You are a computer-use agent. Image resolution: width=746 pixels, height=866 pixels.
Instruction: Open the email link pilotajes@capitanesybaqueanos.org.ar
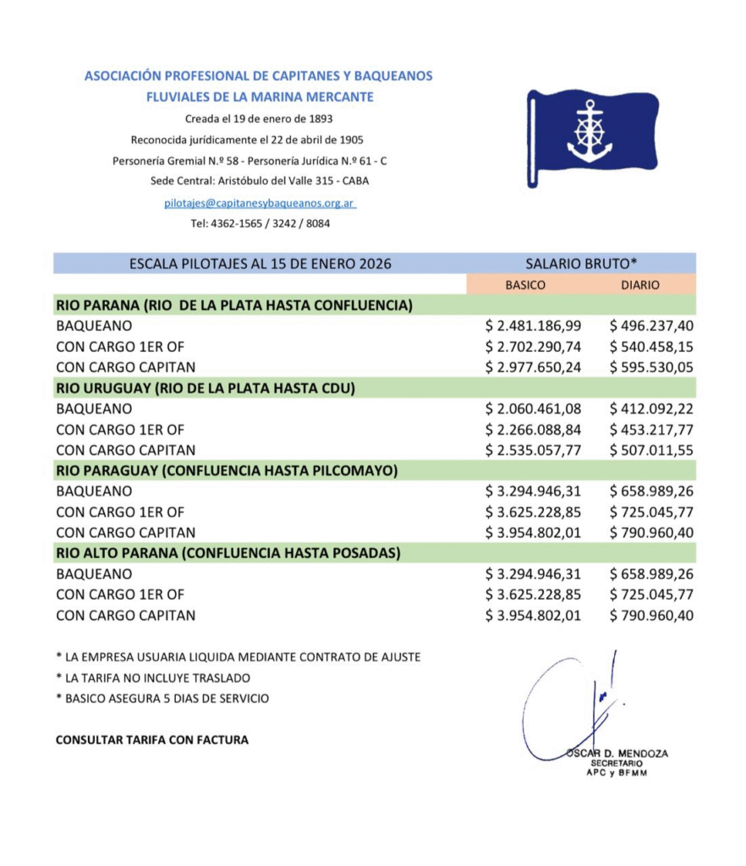coord(260,203)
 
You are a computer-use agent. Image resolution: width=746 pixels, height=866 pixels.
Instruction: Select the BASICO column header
coord(525,285)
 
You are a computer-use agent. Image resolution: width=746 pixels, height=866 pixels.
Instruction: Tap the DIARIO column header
coord(639,285)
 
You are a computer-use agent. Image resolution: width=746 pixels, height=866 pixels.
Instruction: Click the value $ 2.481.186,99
coord(533,326)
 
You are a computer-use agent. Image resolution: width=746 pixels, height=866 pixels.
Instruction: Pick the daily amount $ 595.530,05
coord(651,367)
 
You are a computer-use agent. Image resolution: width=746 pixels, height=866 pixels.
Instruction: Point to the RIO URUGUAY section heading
coord(205,388)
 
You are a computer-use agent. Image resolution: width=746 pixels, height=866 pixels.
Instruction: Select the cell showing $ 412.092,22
coord(651,408)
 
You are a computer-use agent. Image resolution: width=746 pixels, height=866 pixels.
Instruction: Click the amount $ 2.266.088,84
coord(533,429)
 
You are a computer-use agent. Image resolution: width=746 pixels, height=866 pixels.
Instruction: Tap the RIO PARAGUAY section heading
coord(227,470)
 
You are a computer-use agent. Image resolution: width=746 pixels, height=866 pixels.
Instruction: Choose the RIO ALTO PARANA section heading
coord(228,553)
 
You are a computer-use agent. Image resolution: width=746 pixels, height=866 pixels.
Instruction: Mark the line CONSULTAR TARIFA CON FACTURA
coord(152,740)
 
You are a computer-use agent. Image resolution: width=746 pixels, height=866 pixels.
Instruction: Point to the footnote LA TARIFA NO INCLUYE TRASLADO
coord(153,677)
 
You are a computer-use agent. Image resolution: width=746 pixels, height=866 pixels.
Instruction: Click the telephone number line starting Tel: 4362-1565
coord(260,224)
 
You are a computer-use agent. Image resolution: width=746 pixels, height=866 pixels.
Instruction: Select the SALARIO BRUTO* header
coord(581,263)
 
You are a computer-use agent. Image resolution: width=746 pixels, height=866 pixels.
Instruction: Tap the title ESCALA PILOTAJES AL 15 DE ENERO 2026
coord(261,263)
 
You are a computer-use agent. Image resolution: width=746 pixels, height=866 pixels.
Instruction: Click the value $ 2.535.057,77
coord(533,450)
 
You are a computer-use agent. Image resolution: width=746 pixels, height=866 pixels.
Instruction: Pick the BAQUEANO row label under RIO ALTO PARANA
coord(93,574)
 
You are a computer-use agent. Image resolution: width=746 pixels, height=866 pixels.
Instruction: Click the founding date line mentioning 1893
coord(259,118)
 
